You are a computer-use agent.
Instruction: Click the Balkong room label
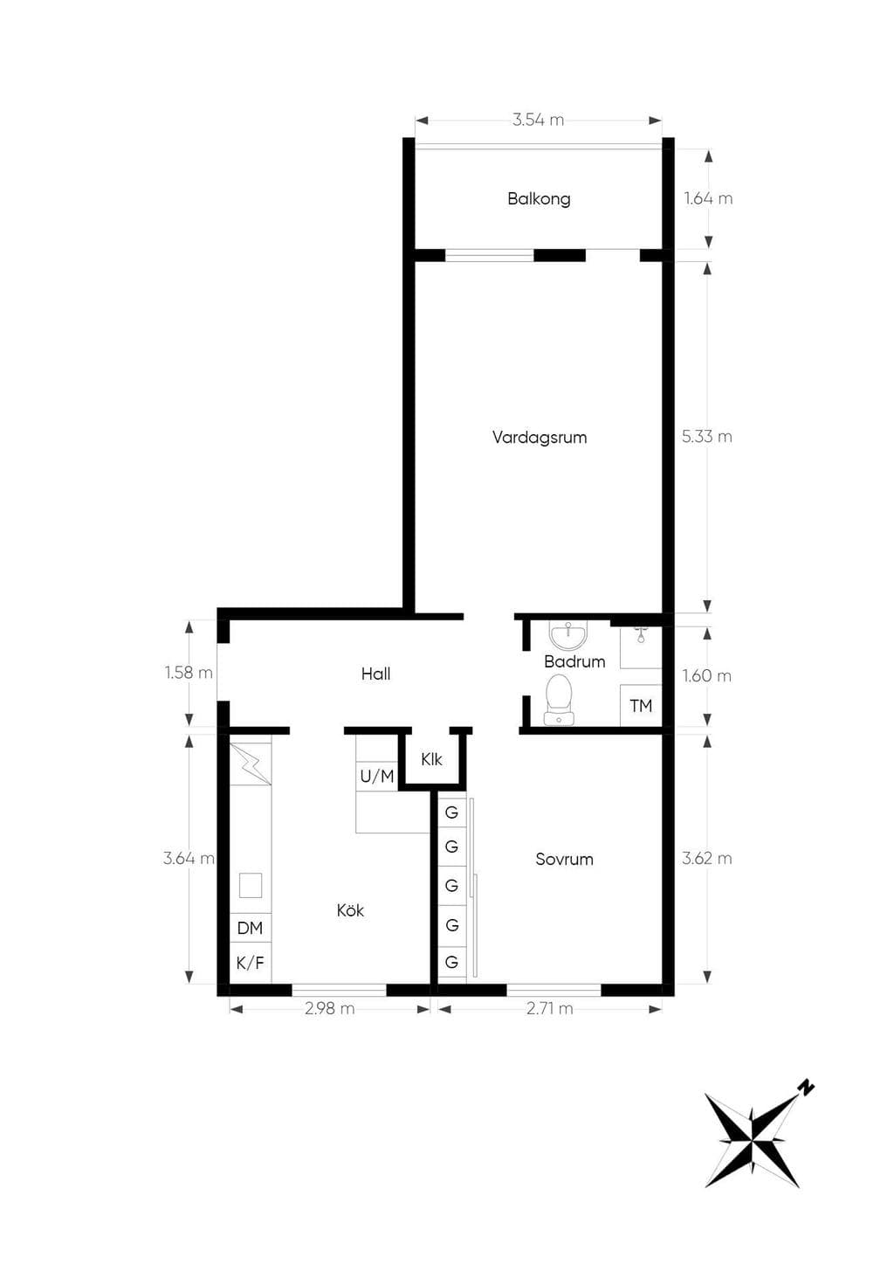click(x=539, y=199)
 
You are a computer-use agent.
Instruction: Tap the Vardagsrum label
click(x=540, y=437)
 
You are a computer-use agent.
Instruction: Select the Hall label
click(x=376, y=674)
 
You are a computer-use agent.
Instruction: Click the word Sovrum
click(x=564, y=859)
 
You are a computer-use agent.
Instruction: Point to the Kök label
click(x=350, y=909)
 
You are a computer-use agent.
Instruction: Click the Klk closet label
click(x=432, y=759)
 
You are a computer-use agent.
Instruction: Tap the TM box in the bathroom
click(x=641, y=705)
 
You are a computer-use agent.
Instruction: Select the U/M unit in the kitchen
click(x=377, y=777)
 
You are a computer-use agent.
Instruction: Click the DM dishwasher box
click(x=250, y=928)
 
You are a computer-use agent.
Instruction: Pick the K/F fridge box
click(x=250, y=963)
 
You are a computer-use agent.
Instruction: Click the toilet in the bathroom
click(x=560, y=699)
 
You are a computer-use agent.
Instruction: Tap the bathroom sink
click(x=568, y=636)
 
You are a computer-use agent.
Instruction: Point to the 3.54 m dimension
click(x=538, y=121)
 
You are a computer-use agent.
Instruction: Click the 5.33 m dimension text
click(x=706, y=437)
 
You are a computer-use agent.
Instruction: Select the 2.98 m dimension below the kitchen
click(x=330, y=1009)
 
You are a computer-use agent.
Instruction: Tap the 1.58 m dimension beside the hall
click(x=189, y=673)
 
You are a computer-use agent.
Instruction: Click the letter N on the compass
click(x=807, y=1086)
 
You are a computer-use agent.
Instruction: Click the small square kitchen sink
click(x=250, y=885)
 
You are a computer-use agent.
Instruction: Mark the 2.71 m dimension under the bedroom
click(x=550, y=1009)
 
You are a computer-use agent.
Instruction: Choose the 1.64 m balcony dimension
click(x=708, y=199)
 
